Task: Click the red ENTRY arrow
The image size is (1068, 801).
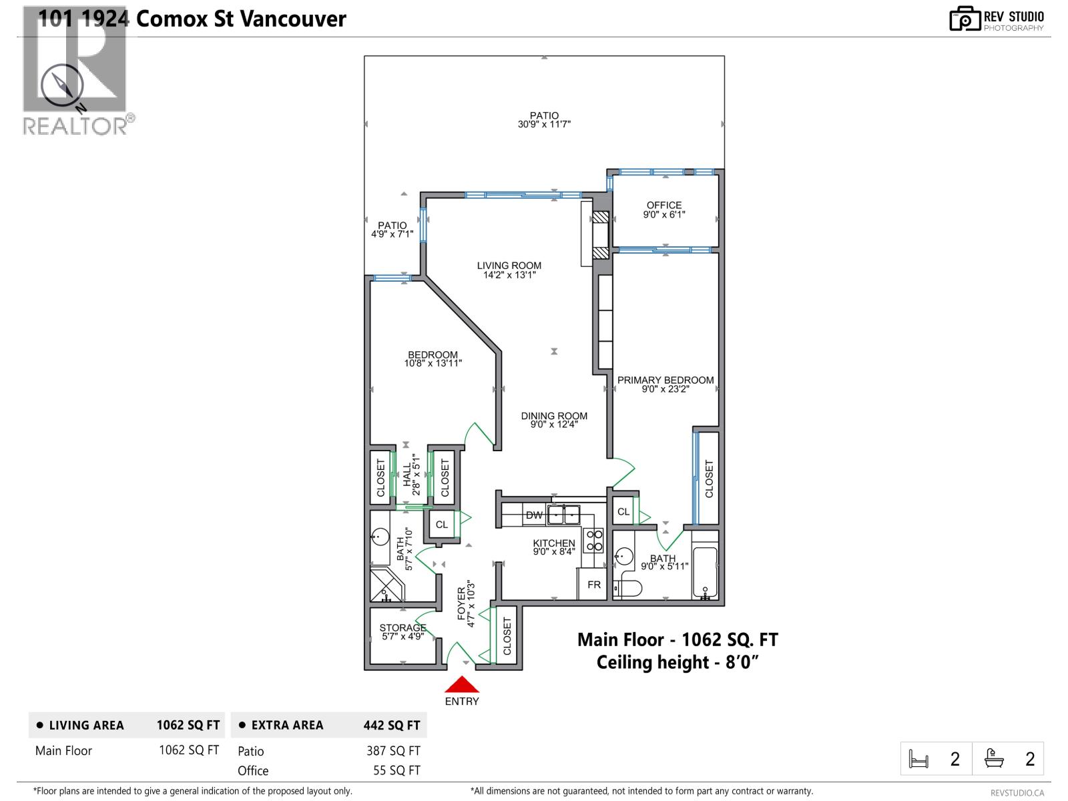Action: (462, 685)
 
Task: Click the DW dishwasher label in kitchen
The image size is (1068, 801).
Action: (534, 515)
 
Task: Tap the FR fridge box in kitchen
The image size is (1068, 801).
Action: (593, 585)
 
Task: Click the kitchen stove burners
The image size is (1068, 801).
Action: (593, 540)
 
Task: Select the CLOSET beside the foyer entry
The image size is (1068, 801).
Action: (506, 636)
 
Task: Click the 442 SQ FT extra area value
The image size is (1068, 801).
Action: (391, 725)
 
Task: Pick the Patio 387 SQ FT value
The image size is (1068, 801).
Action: (393, 750)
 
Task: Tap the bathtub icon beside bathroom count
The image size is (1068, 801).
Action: (994, 759)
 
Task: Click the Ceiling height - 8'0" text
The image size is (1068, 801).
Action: (678, 662)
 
